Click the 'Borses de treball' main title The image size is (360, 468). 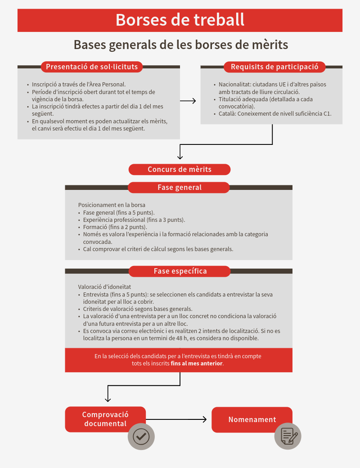click(180, 20)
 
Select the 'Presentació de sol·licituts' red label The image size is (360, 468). click(92, 67)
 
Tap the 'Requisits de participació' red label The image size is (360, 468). click(274, 67)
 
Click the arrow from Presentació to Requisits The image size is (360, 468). click(188, 101)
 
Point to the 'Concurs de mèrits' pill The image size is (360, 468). click(180, 169)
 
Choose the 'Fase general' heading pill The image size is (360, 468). click(179, 188)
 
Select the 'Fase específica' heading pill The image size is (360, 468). click(180, 271)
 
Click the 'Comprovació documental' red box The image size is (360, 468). click(105, 419)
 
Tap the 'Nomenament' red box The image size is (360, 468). click(252, 419)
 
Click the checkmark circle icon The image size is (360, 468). click(141, 436)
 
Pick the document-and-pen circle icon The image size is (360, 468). click(288, 436)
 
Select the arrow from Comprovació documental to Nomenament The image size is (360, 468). click(176, 419)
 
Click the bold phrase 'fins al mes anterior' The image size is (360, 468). click(197, 363)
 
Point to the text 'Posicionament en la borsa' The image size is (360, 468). click(112, 205)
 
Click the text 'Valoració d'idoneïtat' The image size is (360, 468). click(104, 287)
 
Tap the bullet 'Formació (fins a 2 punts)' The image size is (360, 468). click(115, 227)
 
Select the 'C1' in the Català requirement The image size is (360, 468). click(328, 114)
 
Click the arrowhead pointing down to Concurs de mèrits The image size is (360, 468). click(180, 157)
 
